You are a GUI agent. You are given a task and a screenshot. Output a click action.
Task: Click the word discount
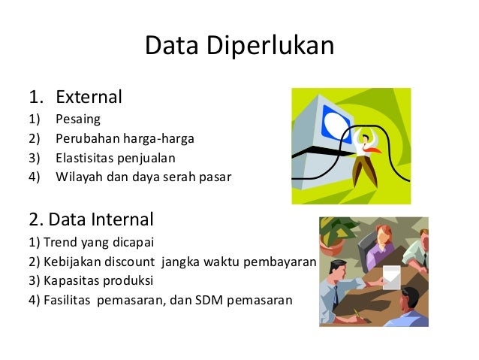[x=128, y=262]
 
